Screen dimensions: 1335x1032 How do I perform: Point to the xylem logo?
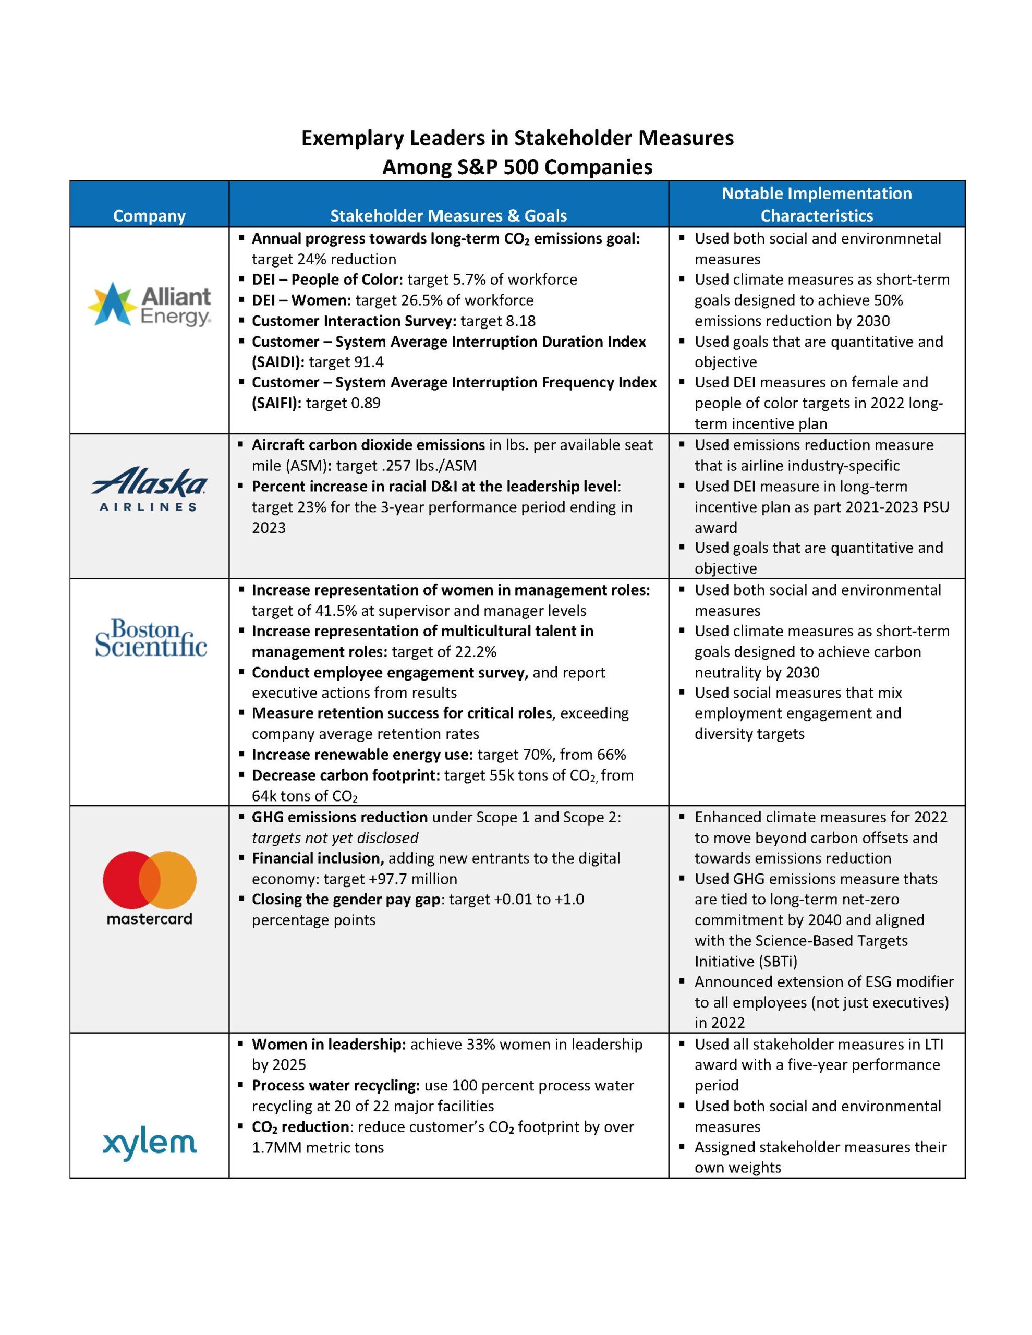point(150,1143)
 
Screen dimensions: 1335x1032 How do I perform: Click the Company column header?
point(149,216)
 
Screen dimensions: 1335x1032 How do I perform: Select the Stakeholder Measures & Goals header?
point(448,216)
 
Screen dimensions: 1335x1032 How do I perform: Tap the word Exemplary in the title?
point(352,138)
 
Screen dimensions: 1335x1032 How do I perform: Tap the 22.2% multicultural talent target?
point(475,652)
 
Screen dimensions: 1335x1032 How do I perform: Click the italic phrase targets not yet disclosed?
point(335,838)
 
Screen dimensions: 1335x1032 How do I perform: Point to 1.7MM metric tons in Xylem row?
point(317,1147)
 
